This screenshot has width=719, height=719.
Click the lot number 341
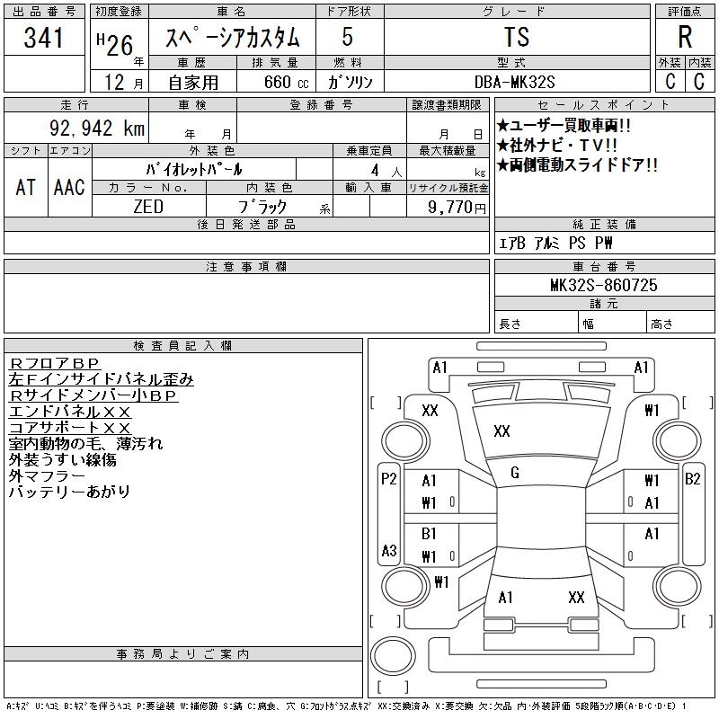click(x=44, y=39)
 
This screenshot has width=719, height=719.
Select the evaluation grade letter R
click(x=684, y=38)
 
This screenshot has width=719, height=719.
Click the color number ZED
click(x=148, y=206)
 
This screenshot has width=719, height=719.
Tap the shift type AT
click(x=25, y=187)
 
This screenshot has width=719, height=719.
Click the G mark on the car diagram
click(x=514, y=473)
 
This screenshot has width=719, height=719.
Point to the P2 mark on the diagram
click(x=388, y=479)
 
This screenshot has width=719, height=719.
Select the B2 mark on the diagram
click(x=693, y=479)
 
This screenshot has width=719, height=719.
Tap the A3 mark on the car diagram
click(x=388, y=550)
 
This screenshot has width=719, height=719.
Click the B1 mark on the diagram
click(x=429, y=534)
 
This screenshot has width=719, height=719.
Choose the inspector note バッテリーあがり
click(x=69, y=492)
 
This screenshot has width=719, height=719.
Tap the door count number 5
click(x=347, y=39)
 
